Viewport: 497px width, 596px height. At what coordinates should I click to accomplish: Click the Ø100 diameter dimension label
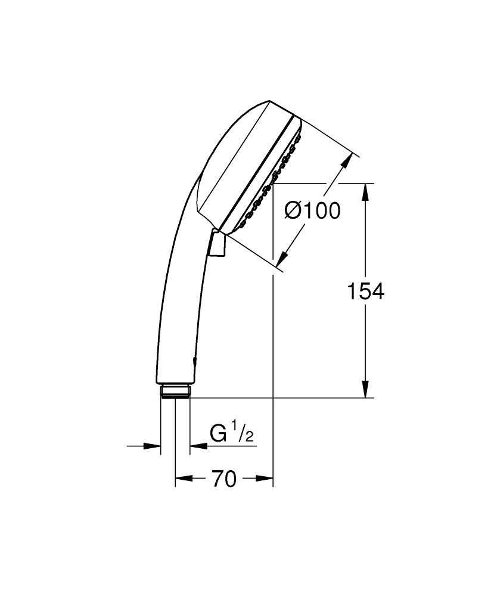[312, 210]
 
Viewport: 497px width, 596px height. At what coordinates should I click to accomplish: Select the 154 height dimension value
[366, 291]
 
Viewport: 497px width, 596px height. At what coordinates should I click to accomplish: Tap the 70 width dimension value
[223, 479]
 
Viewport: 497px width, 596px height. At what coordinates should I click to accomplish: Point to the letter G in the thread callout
[218, 433]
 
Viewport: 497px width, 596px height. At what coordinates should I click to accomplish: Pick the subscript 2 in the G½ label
[248, 437]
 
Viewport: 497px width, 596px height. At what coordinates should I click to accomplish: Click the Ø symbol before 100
[294, 210]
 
